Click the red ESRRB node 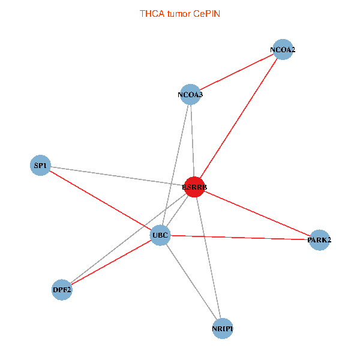click(194, 187)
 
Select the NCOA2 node click(283, 50)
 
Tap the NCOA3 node click(190, 94)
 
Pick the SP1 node click(40, 166)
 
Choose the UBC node click(160, 235)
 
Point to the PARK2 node click(319, 240)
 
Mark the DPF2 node click(62, 290)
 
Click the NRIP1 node click(223, 329)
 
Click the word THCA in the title click(152, 14)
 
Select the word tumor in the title click(179, 14)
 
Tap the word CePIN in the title click(206, 14)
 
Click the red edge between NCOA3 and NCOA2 click(236, 72)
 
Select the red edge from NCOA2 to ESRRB click(239, 118)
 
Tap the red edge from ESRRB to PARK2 click(257, 214)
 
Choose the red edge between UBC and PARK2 click(239, 238)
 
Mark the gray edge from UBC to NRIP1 click(191, 282)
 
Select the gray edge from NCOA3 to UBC click(175, 165)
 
